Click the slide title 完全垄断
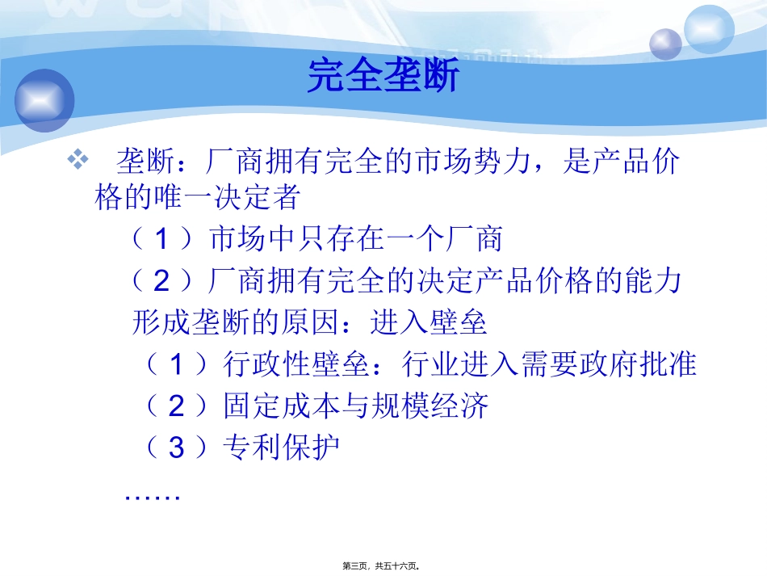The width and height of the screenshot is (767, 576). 383,77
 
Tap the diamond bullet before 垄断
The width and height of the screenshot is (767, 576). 79,161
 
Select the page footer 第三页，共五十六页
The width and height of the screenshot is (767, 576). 383,565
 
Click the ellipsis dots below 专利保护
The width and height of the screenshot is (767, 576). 152,494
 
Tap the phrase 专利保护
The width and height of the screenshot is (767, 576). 281,448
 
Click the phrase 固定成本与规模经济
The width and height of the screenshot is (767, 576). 356,406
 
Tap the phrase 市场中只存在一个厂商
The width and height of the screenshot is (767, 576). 356,239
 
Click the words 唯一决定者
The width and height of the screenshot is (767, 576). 225,197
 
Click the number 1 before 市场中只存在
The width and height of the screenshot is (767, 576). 163,240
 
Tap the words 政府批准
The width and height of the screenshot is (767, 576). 638,365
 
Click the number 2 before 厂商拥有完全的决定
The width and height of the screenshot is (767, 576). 163,282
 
